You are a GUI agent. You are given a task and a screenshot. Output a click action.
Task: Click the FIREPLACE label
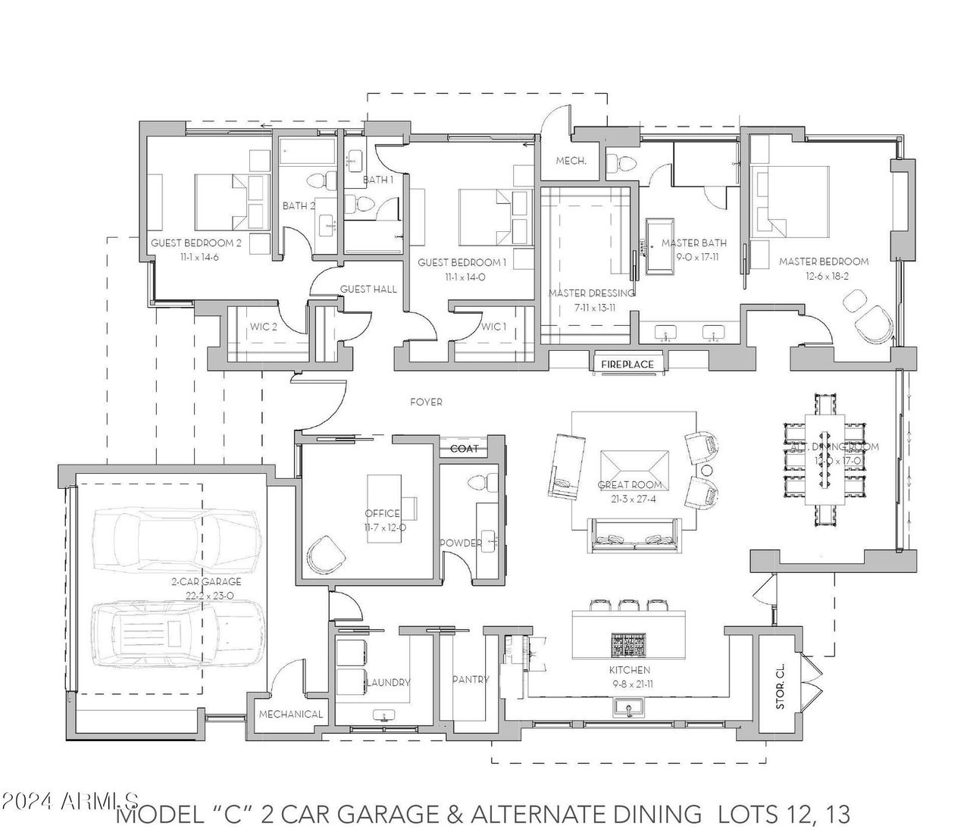[x=627, y=365]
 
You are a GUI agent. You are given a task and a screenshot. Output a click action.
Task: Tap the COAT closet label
[x=465, y=449]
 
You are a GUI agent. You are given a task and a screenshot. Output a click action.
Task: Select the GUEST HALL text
[x=368, y=289]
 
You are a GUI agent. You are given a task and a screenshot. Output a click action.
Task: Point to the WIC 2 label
[x=263, y=327]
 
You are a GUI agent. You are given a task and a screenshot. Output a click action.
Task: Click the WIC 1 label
[x=493, y=327]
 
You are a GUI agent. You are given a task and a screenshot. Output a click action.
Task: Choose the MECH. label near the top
[x=568, y=161]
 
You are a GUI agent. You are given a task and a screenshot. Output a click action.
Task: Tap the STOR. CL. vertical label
[x=781, y=686]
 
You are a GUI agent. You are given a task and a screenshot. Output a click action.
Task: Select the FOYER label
[x=426, y=402]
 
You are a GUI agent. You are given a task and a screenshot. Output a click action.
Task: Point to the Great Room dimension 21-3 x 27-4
[x=630, y=497]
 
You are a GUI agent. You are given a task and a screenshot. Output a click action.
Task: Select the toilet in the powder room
[x=480, y=483]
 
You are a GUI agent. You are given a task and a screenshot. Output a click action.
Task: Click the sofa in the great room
[x=635, y=539]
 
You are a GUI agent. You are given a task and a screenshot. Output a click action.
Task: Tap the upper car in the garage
[x=174, y=540]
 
